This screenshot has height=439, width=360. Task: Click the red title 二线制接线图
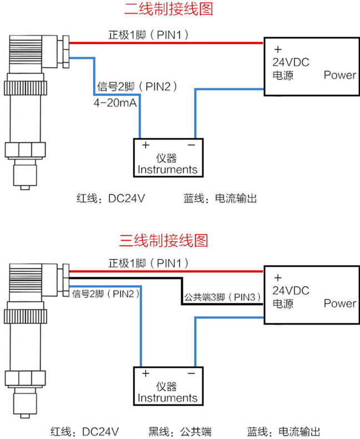pos(168,9)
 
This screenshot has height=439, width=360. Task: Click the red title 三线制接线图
pos(164,241)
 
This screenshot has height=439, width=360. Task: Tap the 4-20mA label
pos(115,103)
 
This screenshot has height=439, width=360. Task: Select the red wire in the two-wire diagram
pos(166,43)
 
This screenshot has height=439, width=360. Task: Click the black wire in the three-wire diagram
pos(182,291)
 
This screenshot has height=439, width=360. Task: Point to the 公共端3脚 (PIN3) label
pos(223,297)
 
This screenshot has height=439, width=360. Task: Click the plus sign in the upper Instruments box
pos(146,145)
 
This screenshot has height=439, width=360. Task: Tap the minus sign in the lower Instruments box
pos(192,373)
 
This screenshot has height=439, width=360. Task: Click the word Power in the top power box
pos(340,75)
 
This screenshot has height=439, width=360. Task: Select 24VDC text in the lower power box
pos(291,291)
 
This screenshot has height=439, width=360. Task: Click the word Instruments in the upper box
pos(167,169)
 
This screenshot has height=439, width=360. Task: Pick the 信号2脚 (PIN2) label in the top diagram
pos(137,87)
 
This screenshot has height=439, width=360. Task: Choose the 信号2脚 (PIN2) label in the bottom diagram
pos(106,294)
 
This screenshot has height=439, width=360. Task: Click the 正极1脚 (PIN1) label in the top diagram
pos(148,35)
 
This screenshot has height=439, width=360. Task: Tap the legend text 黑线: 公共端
pos(180,431)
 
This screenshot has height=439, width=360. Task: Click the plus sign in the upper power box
pos(278,49)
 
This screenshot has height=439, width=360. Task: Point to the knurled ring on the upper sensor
pos(25,88)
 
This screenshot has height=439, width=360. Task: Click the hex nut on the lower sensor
pos(25,378)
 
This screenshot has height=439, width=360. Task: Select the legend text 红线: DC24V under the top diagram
pos(111,198)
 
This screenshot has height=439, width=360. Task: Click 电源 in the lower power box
pos(283,304)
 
